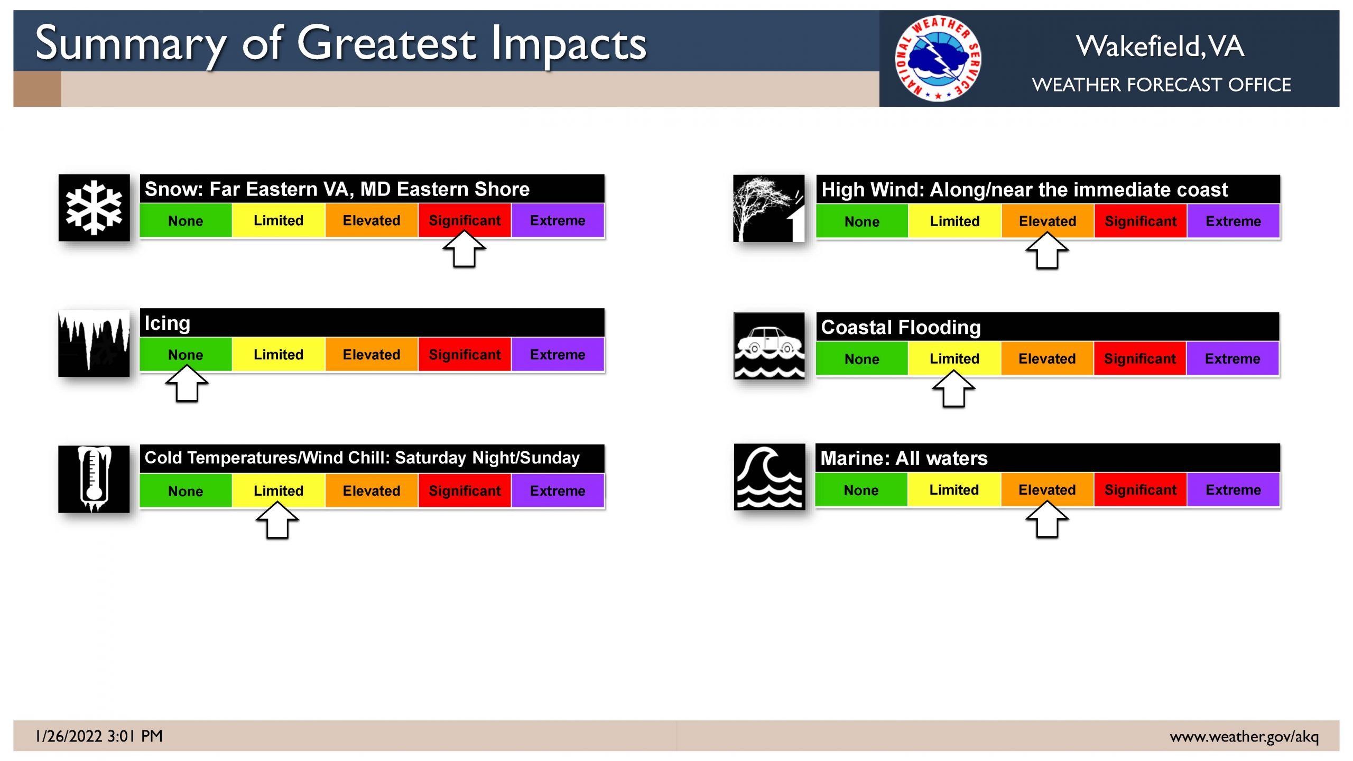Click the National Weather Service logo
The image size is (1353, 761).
(x=938, y=58)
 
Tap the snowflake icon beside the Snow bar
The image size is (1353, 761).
(x=94, y=208)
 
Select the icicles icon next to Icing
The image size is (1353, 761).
(x=94, y=343)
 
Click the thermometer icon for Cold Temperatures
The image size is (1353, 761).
(x=94, y=479)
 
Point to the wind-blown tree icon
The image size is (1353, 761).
(x=769, y=209)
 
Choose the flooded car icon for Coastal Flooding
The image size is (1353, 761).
(x=770, y=346)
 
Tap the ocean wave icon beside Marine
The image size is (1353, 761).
(x=770, y=477)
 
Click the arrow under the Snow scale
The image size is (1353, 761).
(x=464, y=249)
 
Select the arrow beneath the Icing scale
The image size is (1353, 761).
(x=187, y=384)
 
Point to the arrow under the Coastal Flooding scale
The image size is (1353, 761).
(x=954, y=388)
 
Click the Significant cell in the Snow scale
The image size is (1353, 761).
(x=465, y=220)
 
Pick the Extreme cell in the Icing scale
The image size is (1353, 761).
(x=558, y=355)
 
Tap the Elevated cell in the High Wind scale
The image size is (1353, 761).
(x=1048, y=221)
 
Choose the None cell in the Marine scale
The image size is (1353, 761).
(x=861, y=490)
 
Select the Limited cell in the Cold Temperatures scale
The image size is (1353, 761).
(x=279, y=490)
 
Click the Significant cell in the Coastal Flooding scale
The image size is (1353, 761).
(x=1140, y=358)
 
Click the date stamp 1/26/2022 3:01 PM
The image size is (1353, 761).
(x=99, y=736)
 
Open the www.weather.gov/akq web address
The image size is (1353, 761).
(x=1244, y=737)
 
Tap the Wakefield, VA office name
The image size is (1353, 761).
(x=1160, y=46)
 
